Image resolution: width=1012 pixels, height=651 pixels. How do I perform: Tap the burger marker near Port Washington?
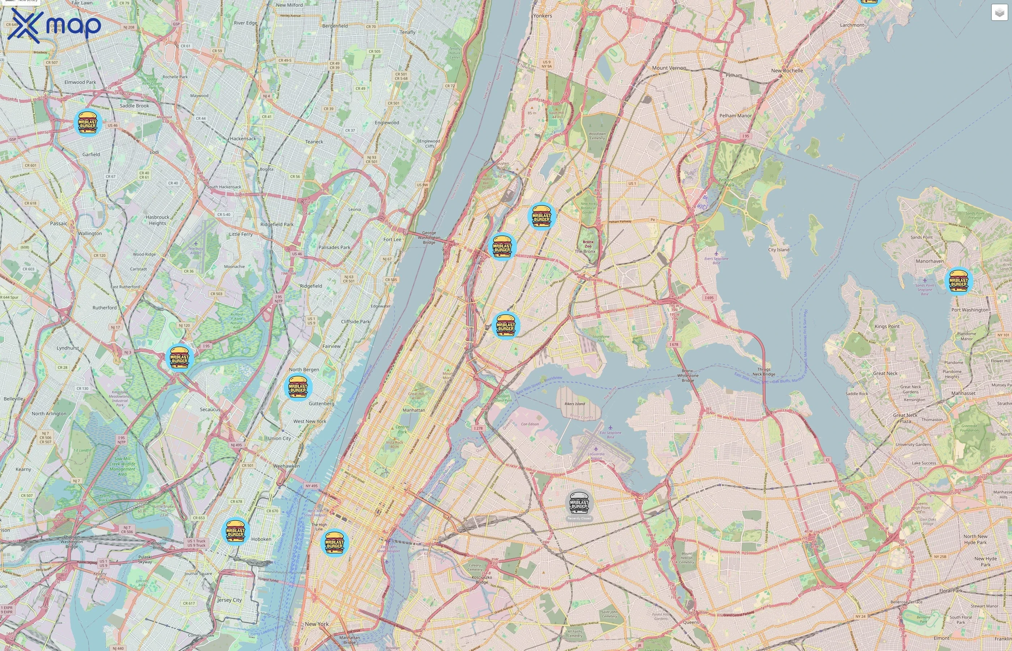point(959,281)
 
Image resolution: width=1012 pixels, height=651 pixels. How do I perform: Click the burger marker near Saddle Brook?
point(88,123)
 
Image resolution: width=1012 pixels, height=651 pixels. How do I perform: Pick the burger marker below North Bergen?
point(298,387)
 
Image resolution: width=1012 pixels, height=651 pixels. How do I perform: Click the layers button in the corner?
point(999,13)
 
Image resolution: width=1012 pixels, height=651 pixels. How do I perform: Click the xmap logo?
point(55,25)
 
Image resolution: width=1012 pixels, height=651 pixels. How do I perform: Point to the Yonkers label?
point(543,16)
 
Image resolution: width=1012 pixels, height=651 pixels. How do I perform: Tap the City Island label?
point(779,250)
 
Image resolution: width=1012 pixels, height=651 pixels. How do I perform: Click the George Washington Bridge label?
point(429,237)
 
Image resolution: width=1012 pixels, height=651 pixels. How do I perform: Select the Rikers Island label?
point(575,404)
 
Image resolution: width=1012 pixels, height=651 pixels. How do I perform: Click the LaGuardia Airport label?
point(596,456)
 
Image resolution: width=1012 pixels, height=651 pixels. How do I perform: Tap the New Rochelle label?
point(787,71)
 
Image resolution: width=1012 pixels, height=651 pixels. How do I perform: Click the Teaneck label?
point(314,142)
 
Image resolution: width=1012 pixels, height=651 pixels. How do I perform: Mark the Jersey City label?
point(230,600)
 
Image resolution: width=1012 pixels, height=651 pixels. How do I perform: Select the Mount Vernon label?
point(669,68)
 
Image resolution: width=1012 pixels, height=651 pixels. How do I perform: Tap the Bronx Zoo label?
point(588,244)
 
